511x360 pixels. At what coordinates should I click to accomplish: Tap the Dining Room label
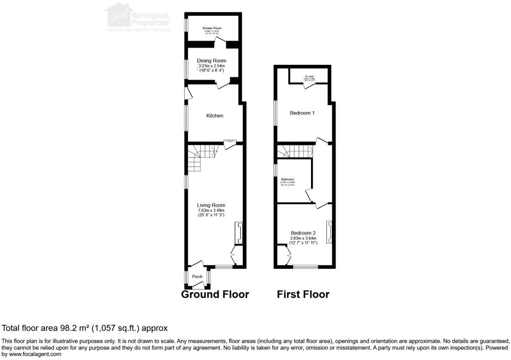212,61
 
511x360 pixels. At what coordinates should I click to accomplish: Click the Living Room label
211,205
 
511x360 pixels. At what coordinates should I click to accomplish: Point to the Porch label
197,277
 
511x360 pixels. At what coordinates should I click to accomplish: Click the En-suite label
309,77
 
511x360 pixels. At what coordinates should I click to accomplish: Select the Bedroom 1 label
303,113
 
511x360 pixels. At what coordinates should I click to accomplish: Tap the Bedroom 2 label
303,232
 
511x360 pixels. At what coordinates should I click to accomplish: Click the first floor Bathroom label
288,179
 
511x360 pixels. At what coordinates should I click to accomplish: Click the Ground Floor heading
215,295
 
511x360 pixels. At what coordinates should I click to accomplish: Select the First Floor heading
303,295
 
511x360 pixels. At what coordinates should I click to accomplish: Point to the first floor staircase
294,151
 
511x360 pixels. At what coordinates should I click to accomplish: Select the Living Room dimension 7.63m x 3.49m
211,210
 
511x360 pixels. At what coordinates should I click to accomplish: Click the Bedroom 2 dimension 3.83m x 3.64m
303,238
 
